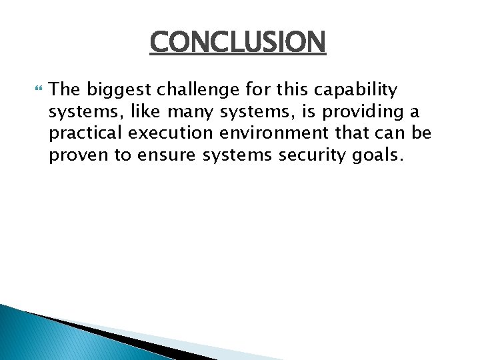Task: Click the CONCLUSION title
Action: coord(238,43)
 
